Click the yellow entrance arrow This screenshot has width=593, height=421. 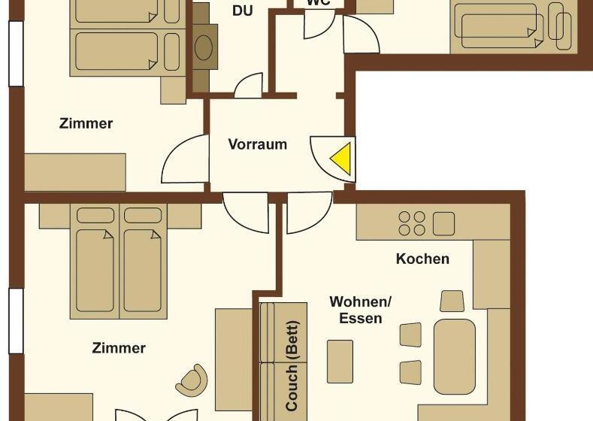point(342,159)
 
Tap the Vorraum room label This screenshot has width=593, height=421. point(258,144)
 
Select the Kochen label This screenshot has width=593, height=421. point(423,259)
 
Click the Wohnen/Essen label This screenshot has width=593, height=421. point(361,310)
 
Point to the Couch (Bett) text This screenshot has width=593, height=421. point(292,366)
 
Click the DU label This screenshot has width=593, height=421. point(242,11)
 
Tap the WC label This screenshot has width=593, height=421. point(318,3)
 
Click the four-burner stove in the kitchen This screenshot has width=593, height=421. point(411,223)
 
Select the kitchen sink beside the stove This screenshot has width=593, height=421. point(444,223)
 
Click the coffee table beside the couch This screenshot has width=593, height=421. point(340,361)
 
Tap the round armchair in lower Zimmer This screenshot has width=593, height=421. point(192,380)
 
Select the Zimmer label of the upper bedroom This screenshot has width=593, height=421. point(86,123)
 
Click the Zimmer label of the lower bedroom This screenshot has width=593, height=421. point(119,348)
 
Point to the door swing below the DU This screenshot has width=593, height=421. point(249,86)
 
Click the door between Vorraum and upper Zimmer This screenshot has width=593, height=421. point(186,158)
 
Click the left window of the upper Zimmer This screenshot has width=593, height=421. point(15,53)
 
